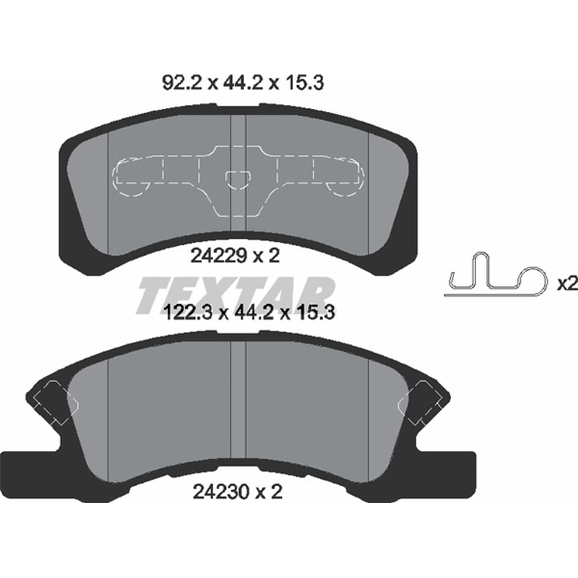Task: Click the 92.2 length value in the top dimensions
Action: point(185,83)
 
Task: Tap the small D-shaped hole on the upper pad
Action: point(237,180)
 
